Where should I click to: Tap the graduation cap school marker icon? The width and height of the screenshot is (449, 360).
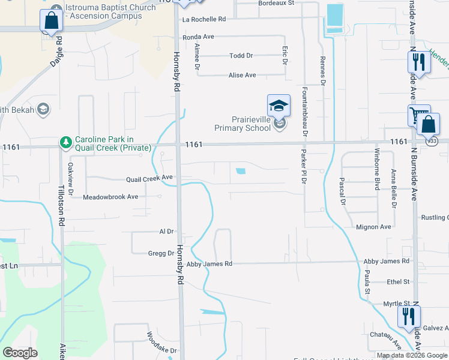pos(279,106)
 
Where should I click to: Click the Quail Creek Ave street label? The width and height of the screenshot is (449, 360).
pos(149,178)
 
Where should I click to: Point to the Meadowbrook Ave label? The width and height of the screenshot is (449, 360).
pos(110,197)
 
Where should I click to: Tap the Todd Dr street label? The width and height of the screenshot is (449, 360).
pos(241,56)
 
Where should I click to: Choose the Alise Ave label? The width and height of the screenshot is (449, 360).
pos(243,75)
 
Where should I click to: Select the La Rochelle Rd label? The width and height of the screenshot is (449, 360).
pos(204,19)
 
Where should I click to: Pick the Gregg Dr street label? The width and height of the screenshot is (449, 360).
pos(161,253)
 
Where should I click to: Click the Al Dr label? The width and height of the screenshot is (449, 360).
pos(166,231)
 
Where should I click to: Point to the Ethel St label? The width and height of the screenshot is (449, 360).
pos(398,281)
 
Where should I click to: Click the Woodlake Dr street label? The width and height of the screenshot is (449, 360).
pos(162,343)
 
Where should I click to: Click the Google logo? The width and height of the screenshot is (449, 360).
pos(20,353)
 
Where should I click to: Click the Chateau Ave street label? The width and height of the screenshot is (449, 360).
pos(385,340)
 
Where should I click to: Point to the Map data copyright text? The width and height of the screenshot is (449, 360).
pos(412,355)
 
